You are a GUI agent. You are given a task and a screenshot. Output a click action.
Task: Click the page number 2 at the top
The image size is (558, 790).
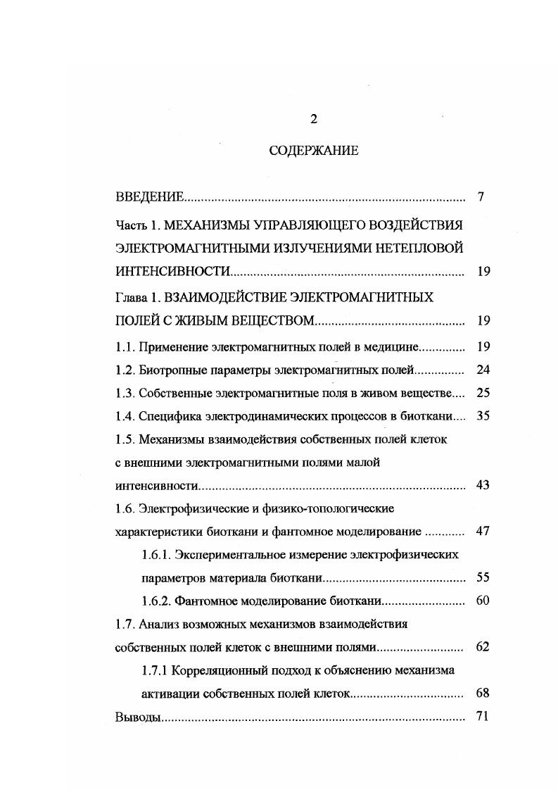coord(314,119)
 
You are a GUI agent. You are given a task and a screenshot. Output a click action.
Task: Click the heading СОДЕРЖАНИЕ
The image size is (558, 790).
coord(314,151)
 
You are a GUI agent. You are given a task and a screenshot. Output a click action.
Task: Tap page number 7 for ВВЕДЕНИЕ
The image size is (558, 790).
coord(481,197)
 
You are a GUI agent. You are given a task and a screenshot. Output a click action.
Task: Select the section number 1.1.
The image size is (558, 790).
coord(124,347)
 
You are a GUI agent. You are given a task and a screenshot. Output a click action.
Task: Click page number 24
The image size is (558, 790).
coord(483,370)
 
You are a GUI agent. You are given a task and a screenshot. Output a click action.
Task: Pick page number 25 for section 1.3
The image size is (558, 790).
coord(483,393)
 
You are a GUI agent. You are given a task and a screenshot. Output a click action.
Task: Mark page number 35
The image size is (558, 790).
coord(483,416)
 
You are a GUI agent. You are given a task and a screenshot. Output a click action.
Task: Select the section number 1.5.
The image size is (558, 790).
coord(124,439)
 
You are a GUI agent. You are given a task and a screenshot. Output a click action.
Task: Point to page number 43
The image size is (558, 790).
coord(483,485)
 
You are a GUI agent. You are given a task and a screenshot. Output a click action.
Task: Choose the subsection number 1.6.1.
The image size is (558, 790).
coord(156,554)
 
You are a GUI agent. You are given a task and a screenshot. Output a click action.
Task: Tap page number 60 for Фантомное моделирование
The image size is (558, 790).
coord(483,601)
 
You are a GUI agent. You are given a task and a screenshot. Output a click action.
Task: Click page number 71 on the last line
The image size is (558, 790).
coord(483,717)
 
